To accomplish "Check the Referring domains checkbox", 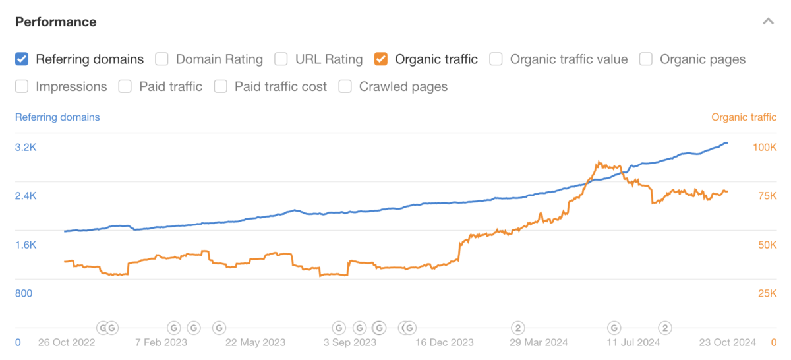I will [22, 59].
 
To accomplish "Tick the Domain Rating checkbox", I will [162, 59].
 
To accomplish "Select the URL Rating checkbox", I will [281, 59].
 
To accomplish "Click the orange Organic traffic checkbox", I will [381, 59].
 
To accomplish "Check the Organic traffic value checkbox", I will [496, 59].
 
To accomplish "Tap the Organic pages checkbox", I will [646, 59].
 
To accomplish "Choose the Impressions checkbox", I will [22, 86].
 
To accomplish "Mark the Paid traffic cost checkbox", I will [221, 86].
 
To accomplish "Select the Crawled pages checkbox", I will [345, 86].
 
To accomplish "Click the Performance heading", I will [56, 22].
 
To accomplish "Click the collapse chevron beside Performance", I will [768, 22].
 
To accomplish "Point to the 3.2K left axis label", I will [26, 147].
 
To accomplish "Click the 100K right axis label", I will [765, 147].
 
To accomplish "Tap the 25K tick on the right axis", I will [767, 293].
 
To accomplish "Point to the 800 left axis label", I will [24, 293].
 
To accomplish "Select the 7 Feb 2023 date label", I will [161, 342].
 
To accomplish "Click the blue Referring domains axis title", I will [57, 117].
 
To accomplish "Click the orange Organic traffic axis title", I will [744, 117].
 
